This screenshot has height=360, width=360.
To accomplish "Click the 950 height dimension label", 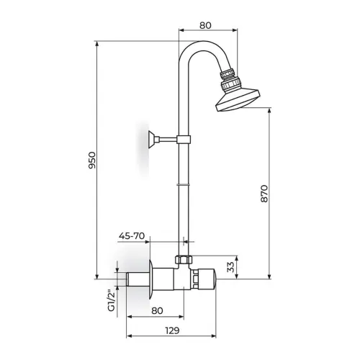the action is pyautogui.click(x=92, y=160).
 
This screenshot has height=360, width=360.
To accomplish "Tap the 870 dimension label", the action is pyautogui.click(x=264, y=194).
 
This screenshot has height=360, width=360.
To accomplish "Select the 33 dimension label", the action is pyautogui.click(x=230, y=266).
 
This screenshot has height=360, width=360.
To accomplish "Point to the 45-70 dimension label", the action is pyautogui.click(x=132, y=236).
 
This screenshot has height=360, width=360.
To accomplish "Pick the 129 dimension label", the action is pyautogui.click(x=172, y=330).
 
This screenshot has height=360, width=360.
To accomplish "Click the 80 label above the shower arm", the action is pyautogui.click(x=205, y=25).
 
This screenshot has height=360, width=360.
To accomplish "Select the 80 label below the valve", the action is pyautogui.click(x=157, y=310).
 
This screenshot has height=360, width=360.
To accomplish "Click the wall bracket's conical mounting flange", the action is pyautogui.click(x=151, y=140).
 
